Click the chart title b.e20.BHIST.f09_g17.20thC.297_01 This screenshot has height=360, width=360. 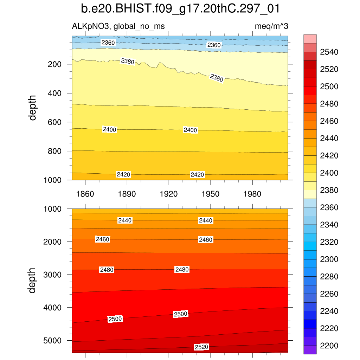point(180,8)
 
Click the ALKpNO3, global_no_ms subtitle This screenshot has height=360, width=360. point(118,26)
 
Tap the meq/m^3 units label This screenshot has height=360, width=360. point(272,26)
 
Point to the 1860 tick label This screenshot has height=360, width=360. point(85,194)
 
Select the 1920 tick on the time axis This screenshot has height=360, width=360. point(169,194)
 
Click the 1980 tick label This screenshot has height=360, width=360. point(252,194)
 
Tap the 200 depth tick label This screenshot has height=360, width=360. point(55,64)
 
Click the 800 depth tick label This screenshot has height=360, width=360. point(55,151)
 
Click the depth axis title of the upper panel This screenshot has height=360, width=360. point(33,108)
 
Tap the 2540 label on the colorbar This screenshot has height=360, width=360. point(329,52)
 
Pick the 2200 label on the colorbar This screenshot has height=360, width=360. point(329,346)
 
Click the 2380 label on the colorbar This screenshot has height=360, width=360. point(329,191)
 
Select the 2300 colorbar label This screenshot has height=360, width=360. point(329,259)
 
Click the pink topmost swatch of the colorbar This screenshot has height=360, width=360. point(310,39)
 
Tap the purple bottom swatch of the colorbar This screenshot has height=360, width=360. point(310,350)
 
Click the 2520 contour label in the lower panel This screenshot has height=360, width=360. point(201,347)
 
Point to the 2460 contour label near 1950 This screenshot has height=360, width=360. point(206,240)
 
